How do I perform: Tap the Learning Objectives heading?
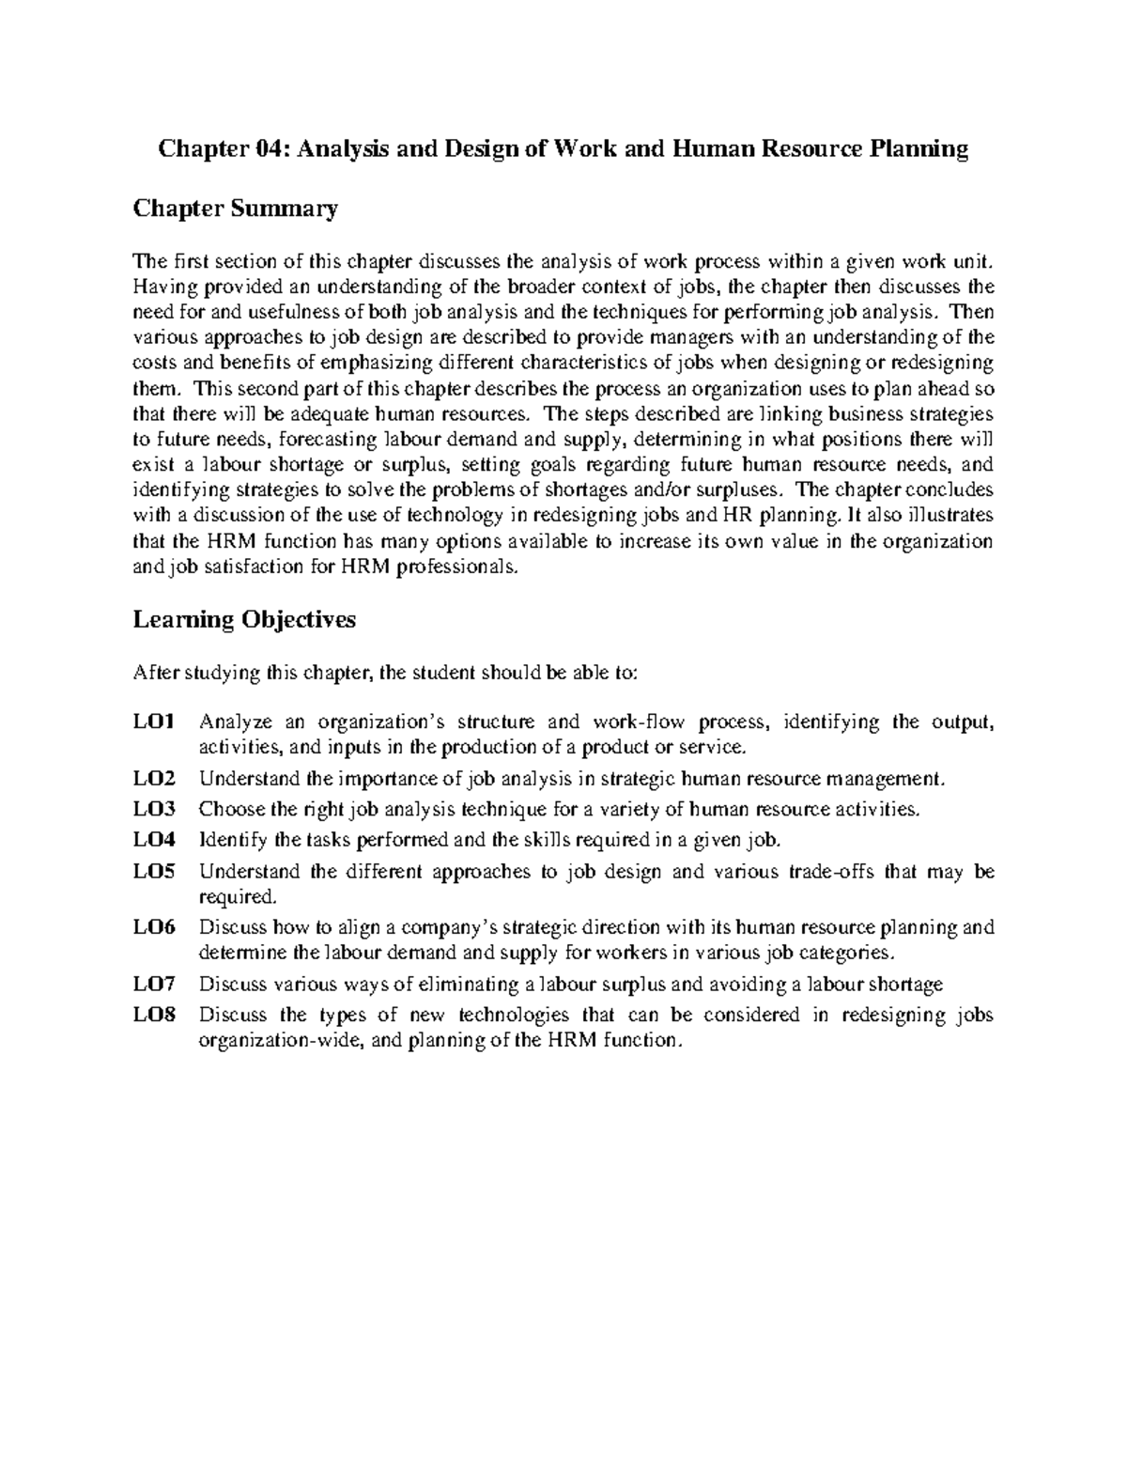point(244,620)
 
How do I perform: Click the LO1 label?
point(154,722)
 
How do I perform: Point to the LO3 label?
point(154,809)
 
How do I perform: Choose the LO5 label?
point(154,871)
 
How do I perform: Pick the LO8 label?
point(154,1015)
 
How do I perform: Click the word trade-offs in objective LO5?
point(831,871)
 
